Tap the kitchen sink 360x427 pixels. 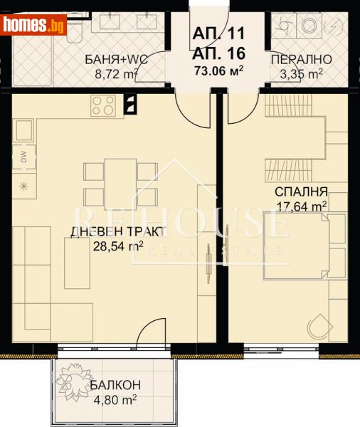click(23, 131)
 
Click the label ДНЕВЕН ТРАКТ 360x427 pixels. click(117, 231)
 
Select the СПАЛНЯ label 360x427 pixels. click(301, 192)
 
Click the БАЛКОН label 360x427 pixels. click(115, 385)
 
